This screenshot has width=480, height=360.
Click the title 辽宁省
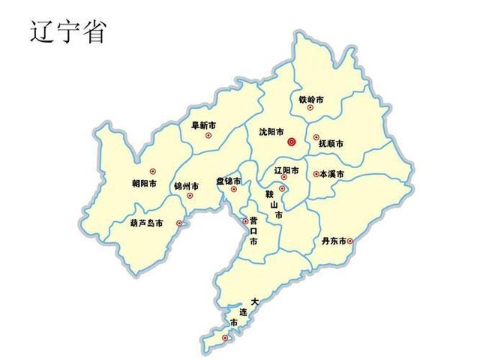click(x=67, y=31)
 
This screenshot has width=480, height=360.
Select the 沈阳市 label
click(x=271, y=131)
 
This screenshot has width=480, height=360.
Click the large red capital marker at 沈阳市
click(x=292, y=140)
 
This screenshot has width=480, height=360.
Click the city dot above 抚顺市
click(x=316, y=136)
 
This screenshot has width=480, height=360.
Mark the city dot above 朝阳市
click(x=152, y=172)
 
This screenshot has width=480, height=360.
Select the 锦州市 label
click(x=186, y=186)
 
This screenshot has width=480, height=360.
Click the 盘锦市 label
click(x=229, y=181)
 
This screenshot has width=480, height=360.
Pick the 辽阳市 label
click(x=286, y=171)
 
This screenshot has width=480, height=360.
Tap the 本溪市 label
click(x=331, y=174)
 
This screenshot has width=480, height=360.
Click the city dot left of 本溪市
click(x=316, y=173)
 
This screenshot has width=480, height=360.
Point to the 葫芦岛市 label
click(x=146, y=223)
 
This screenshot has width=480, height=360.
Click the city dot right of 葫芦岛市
click(x=178, y=223)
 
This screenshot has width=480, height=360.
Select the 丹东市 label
click(x=334, y=241)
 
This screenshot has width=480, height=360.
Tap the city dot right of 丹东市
click(x=349, y=241)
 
